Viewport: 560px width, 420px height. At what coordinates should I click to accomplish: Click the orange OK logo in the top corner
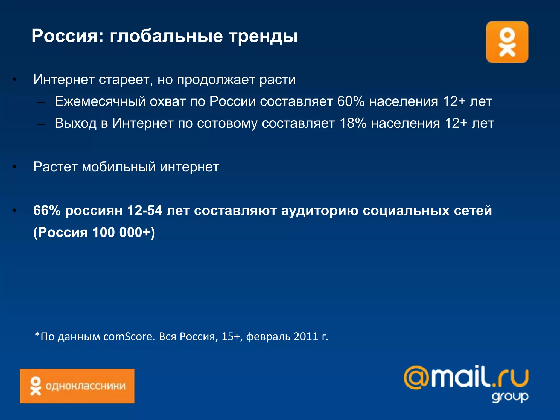click(507, 42)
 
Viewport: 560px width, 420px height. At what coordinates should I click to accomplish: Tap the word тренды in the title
click(263, 36)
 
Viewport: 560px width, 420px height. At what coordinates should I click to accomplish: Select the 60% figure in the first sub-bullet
click(351, 101)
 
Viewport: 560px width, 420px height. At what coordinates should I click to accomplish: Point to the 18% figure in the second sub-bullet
click(353, 123)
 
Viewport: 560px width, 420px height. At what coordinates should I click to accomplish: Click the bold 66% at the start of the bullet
click(47, 211)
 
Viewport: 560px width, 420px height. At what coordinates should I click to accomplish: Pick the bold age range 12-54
click(145, 211)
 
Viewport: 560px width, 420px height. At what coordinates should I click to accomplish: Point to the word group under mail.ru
click(510, 397)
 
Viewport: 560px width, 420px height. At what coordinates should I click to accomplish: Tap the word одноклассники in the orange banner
click(86, 386)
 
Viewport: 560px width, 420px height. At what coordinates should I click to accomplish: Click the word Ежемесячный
click(100, 101)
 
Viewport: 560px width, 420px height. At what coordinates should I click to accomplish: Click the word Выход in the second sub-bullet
click(75, 123)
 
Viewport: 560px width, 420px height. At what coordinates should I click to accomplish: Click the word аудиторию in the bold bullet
click(319, 211)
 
